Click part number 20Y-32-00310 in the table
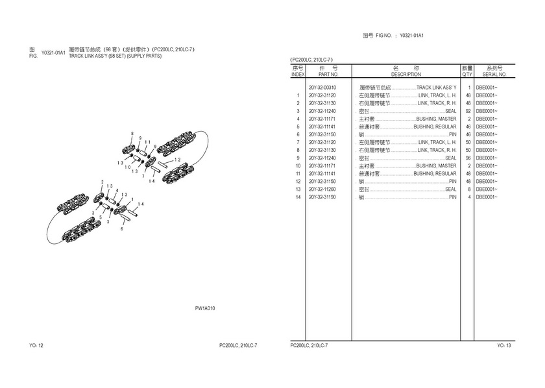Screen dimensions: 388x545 (x=322, y=88)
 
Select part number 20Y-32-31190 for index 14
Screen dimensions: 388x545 (x=322, y=197)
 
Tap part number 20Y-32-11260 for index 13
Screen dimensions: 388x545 (x=322, y=189)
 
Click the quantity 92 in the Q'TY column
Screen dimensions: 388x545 (x=467, y=111)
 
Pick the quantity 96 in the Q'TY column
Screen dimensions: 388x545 (x=467, y=158)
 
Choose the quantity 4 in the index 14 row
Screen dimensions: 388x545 (x=468, y=197)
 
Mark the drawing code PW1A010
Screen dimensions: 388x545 (x=205, y=308)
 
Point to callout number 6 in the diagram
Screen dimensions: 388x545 (x=121, y=229)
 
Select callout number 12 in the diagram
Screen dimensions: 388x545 (x=177, y=159)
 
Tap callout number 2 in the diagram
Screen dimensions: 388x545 (x=102, y=182)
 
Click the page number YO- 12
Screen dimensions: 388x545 (x=36, y=345)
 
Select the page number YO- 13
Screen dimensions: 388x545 (x=504, y=345)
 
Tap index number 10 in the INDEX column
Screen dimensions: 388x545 (x=298, y=165)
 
